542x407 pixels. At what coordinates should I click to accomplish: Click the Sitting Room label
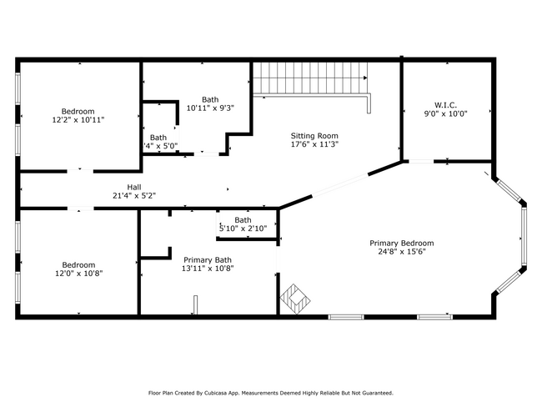pos(314,136)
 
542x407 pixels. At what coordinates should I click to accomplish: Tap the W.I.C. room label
pos(445,105)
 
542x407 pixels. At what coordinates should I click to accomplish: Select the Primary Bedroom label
pos(402,243)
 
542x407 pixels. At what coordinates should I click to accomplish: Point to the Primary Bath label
pos(208,259)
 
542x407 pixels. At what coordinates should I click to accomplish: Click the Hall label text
pos(134,187)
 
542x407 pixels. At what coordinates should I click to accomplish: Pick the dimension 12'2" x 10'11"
pos(78,120)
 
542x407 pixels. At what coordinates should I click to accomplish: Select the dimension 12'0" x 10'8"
pos(79,274)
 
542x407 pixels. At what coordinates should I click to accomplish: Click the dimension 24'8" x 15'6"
pos(402,252)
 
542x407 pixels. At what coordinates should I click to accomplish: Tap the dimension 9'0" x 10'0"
pos(446,113)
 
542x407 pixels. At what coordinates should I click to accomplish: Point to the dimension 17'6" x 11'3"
pos(314,144)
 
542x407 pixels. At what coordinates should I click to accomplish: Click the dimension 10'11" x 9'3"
pos(210,108)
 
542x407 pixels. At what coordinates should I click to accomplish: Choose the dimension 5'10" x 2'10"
pos(243,229)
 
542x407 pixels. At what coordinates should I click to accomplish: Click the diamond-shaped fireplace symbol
pos(295,299)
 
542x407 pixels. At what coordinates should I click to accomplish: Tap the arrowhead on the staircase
pos(365,78)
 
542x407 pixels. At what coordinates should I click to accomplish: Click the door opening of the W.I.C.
pos(421,162)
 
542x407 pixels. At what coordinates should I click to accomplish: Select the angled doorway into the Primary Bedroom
pos(340,186)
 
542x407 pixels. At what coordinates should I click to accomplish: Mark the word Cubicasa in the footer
pos(215,393)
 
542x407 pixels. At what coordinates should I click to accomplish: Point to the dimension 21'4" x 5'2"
pos(134,196)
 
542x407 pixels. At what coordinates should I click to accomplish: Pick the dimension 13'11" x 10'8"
pos(208,269)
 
